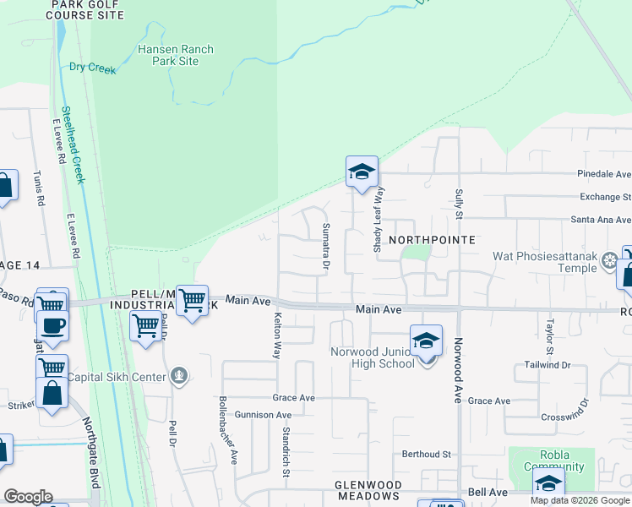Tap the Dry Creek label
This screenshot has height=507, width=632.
(92, 68)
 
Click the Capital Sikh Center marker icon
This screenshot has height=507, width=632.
(178, 376)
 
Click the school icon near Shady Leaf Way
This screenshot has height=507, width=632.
(361, 172)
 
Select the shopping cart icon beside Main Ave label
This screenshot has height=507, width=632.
(193, 299)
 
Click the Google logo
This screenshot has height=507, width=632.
(28, 497)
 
